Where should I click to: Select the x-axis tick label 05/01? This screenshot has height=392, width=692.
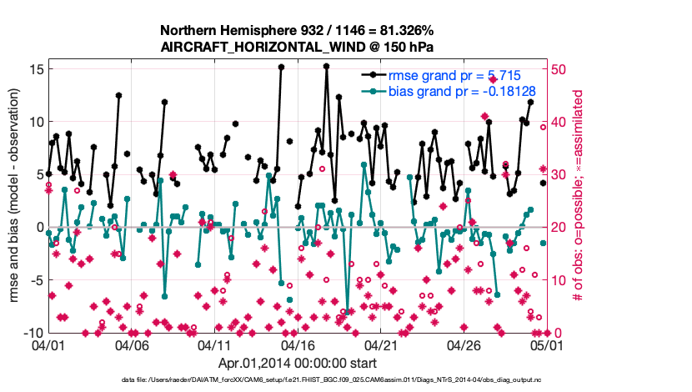(548, 344)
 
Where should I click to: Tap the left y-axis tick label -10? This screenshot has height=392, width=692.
(32, 332)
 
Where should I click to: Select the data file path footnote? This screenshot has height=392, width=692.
(346, 380)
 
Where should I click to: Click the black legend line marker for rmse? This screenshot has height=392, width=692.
(374, 75)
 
